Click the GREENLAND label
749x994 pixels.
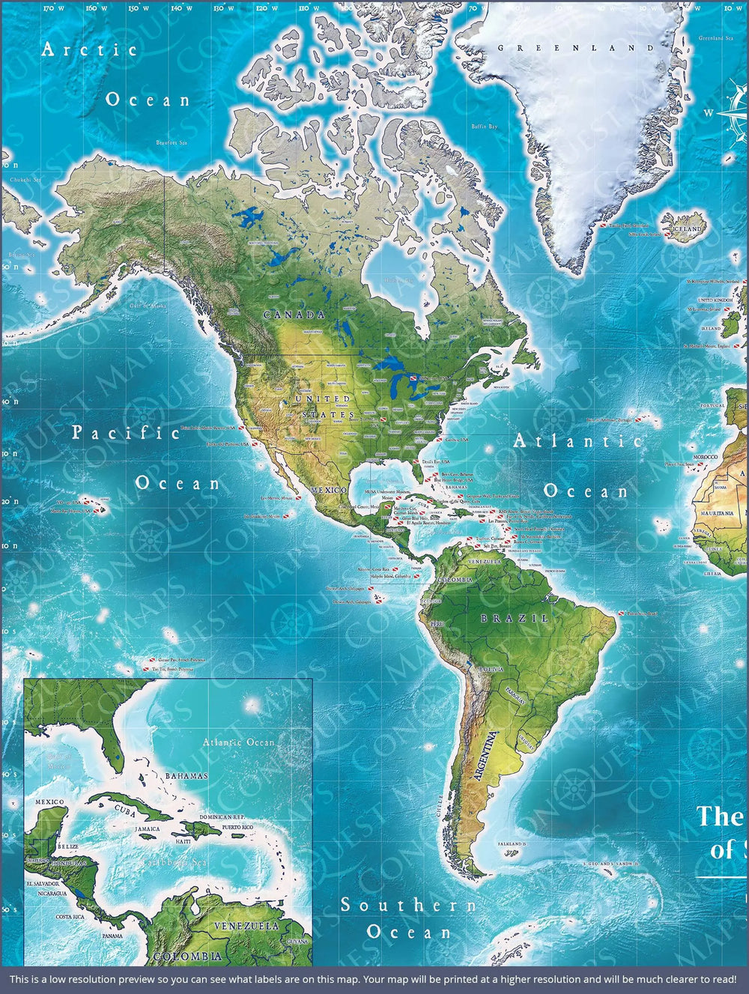coord(576,48)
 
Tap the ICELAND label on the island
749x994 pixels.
coord(688,228)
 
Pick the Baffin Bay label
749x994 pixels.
coord(484,127)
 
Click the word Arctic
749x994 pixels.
coord(90,50)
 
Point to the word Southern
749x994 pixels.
coord(409,905)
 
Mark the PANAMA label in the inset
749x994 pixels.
coord(112,936)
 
